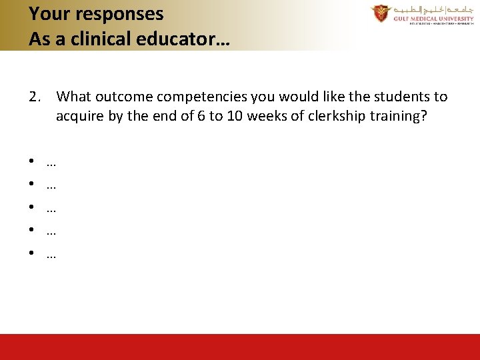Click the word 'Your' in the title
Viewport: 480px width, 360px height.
[47, 13]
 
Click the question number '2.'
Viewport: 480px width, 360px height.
[36, 97]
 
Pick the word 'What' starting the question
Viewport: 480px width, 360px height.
[73, 97]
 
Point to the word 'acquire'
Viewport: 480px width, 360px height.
[79, 116]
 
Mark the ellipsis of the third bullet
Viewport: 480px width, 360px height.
[51, 209]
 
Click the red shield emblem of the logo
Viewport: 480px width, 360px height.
[381, 13]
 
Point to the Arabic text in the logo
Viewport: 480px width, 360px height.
[431, 10]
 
